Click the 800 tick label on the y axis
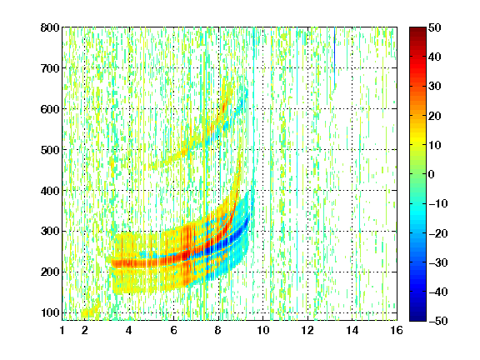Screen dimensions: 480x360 (x=50, y=27)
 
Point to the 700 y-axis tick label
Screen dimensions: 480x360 (x=50, y=68)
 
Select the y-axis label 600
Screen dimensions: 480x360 (x=50, y=109)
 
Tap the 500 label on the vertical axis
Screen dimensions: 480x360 (x=50, y=150)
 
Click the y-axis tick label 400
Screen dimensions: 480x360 (x=50, y=191)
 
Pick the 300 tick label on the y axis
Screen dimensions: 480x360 (x=50, y=231)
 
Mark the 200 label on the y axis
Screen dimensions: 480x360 (x=50, y=272)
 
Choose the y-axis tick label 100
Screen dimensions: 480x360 (x=50, y=312)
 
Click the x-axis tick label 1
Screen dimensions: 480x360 (x=62, y=330)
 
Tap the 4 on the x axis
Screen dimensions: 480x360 (x=129, y=330)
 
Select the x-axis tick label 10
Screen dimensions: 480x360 (x=263, y=330)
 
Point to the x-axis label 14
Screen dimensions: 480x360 (x=352, y=330)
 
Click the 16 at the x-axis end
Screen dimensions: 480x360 (x=397, y=330)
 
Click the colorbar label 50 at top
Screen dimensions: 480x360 (x=434, y=27)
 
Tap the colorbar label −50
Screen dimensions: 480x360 (x=438, y=321)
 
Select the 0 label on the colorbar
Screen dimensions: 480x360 (x=431, y=174)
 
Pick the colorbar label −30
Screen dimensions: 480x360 (x=438, y=262)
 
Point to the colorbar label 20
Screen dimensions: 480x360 (x=434, y=116)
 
